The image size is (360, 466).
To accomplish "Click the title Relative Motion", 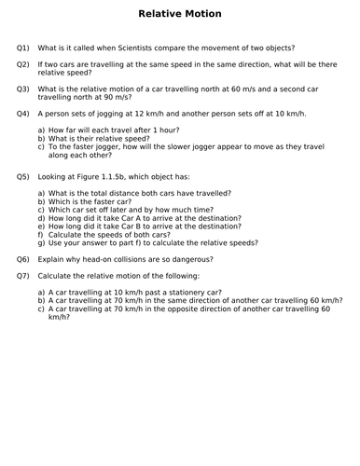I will (x=180, y=14).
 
